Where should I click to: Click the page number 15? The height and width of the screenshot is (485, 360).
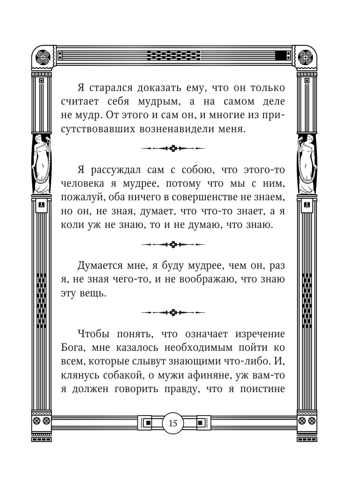173,424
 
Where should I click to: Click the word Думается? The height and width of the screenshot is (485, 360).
101,266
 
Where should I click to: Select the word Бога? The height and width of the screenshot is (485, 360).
73,348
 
